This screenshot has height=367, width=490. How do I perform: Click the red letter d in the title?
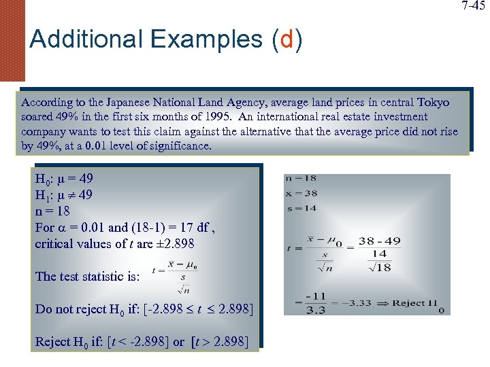[286, 39]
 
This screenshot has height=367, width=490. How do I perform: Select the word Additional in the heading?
[80, 39]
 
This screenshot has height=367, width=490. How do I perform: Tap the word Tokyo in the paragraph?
[433, 102]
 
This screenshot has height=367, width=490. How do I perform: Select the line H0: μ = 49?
[64, 179]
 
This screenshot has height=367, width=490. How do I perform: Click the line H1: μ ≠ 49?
[64, 196]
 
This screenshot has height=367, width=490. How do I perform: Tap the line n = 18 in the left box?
[52, 211]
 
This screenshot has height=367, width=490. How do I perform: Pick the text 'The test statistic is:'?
[87, 276]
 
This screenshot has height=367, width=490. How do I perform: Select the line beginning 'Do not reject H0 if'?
[144, 309]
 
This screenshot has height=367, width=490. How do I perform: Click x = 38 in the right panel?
[301, 193]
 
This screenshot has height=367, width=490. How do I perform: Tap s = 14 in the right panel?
[301, 208]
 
